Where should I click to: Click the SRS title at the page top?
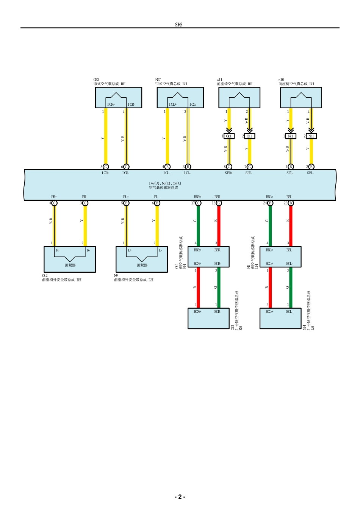pos(178,25)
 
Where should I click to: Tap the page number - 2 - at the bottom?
pos(180,497)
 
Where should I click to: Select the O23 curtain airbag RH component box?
pos(119,98)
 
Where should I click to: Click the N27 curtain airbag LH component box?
pos(180,98)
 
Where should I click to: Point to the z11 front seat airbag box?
pos(239,98)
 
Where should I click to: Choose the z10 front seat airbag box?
pos(301,98)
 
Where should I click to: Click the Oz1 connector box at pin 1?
pos(229,136)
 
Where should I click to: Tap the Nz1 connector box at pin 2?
pos(311,136)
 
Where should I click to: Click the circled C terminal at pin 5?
pos(106,167)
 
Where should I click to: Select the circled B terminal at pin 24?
pos(270,203)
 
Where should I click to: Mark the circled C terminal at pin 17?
pos(198,203)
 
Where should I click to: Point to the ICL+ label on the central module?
pos(167,173)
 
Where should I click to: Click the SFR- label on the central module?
pos(249,173)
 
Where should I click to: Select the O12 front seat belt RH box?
pos(70,259)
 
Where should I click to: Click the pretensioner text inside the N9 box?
pos(142,265)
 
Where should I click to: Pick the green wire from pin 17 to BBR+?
pos(198,225)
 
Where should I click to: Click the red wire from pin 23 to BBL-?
pos(291,225)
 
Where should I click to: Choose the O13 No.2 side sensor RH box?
pos(208,319)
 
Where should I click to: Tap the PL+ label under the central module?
pos(126,197)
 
